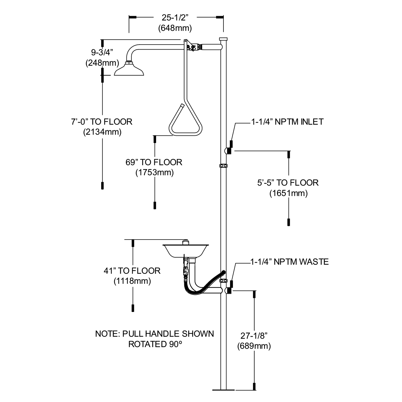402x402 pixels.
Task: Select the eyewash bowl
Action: click(186, 251)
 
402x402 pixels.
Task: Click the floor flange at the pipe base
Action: click(223, 390)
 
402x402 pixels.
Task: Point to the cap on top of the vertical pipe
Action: click(223, 39)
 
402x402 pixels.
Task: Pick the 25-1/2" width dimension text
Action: click(175, 17)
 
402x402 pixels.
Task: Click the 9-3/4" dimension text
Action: click(102, 52)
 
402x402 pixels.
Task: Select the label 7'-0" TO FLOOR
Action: click(102, 122)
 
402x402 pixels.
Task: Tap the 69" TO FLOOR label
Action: click(154, 162)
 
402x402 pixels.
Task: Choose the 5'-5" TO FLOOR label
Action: click(288, 183)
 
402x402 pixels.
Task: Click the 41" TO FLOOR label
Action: click(132, 271)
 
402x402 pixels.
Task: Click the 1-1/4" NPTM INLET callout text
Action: click(287, 122)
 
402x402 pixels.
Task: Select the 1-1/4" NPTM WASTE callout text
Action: click(289, 261)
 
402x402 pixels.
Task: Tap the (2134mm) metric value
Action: click(102, 132)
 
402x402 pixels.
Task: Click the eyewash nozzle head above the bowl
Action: click(186, 242)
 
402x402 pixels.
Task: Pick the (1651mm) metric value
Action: click(288, 193)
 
